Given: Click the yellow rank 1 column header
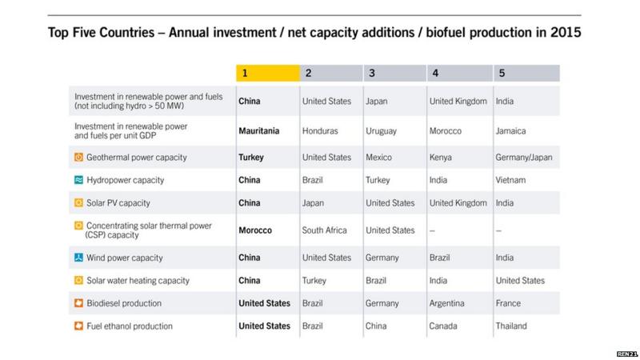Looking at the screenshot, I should [266, 74].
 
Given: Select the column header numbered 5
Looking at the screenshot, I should [526, 74].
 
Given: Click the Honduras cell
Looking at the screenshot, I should [322, 130].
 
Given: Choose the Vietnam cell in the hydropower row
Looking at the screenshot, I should [511, 181].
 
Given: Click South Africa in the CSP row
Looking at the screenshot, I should [325, 230].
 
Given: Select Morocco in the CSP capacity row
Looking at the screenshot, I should [256, 230].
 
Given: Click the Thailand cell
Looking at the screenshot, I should [513, 326].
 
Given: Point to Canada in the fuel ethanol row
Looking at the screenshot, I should [444, 326].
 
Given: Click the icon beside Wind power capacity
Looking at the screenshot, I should [78, 258].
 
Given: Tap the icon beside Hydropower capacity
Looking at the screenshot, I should [78, 181].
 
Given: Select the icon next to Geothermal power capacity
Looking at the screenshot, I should [78, 158].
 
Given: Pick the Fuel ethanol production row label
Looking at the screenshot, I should [129, 326].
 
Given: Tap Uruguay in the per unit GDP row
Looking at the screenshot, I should [381, 130].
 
